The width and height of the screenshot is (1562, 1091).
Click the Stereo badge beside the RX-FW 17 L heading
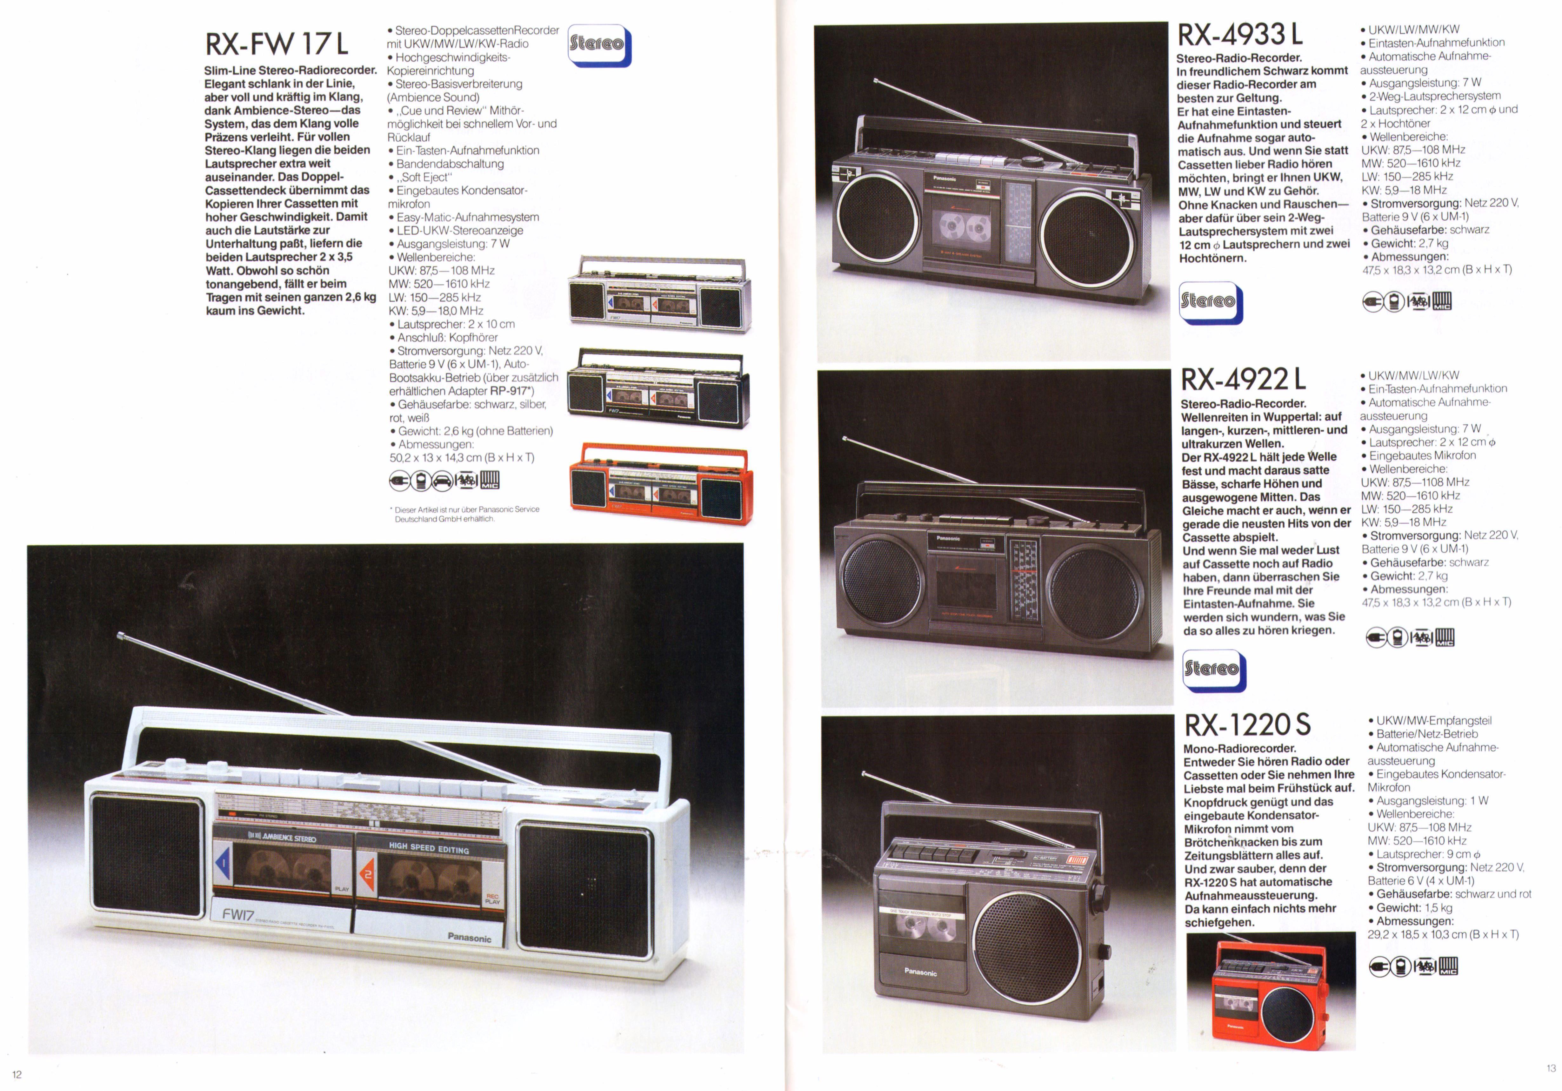599,45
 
